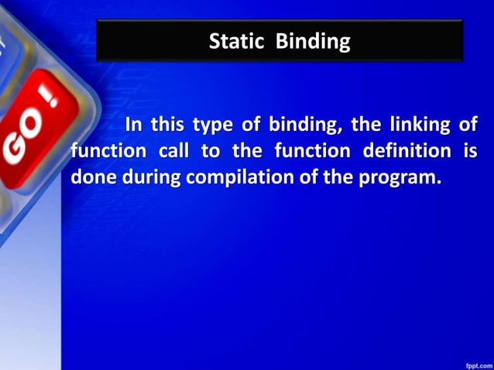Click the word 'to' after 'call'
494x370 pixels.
(x=210, y=150)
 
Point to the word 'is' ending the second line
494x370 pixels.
(x=470, y=150)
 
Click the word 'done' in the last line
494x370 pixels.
(x=91, y=176)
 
